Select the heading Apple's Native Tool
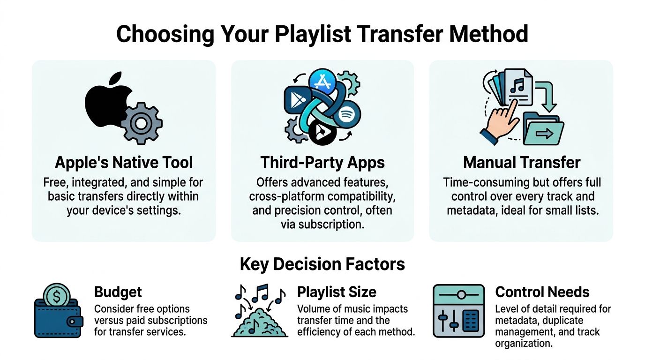pyautogui.click(x=124, y=162)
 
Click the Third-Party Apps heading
pyautogui.click(x=322, y=162)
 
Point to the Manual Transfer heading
pyautogui.click(x=522, y=162)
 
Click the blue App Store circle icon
pyautogui.click(x=322, y=84)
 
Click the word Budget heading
pyautogui.click(x=118, y=292)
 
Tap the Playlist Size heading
pyautogui.click(x=337, y=292)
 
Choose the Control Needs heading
pyautogui.click(x=542, y=292)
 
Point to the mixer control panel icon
pyautogui.click(x=458, y=310)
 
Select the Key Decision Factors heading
pyautogui.click(x=322, y=264)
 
